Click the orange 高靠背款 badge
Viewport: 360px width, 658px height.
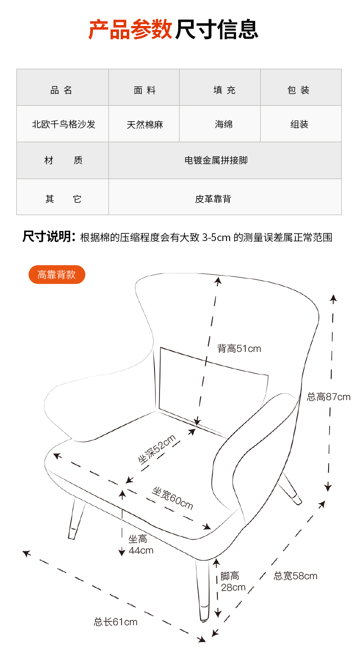point(57,274)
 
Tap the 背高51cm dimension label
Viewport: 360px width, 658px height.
point(239,349)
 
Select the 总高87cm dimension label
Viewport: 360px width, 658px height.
point(329,397)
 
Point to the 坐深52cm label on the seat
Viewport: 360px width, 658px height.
point(157,449)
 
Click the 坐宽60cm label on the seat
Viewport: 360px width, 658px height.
point(173,498)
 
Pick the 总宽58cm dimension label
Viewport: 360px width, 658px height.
point(295,576)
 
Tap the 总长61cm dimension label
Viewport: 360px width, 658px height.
point(115,622)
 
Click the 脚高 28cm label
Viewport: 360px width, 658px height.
point(233,581)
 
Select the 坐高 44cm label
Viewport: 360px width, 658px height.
point(141,545)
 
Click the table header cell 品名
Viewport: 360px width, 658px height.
point(61,90)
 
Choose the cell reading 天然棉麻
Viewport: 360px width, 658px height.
point(144,124)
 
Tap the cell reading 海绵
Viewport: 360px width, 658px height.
point(224,124)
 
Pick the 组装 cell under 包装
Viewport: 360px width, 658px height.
point(299,124)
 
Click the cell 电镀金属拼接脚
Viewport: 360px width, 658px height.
point(216,160)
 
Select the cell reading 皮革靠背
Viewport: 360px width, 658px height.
point(213,199)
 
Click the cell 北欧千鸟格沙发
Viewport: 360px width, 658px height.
point(64,124)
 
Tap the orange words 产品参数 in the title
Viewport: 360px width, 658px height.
point(130,29)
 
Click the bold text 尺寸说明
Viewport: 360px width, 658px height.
point(47,236)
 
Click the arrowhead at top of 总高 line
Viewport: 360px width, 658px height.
point(333,299)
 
